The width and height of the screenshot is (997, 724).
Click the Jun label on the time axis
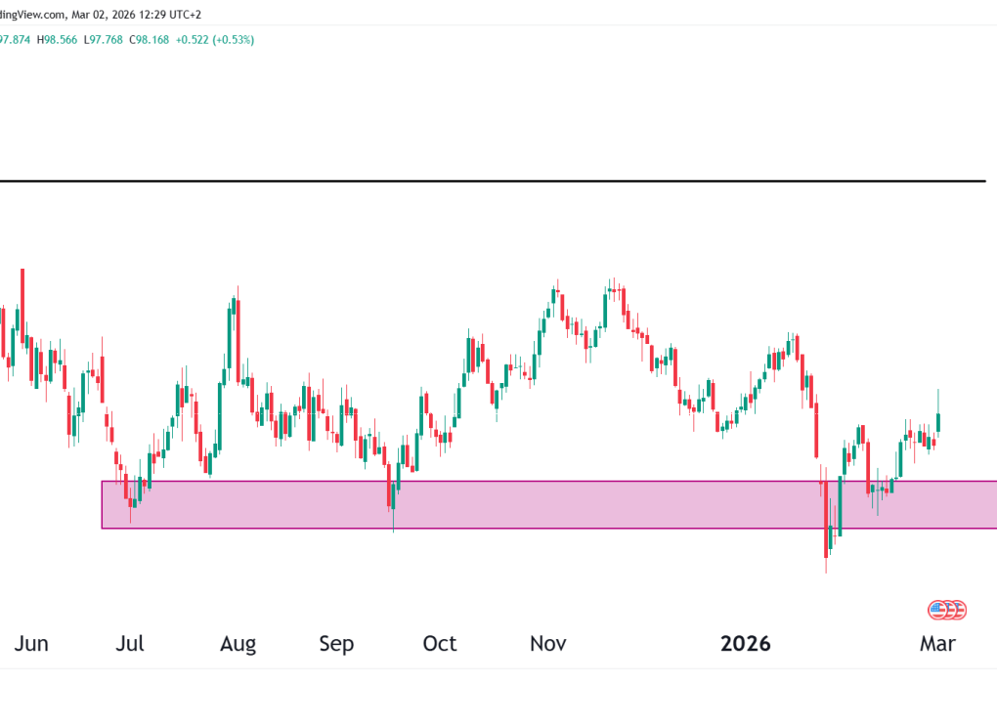tap(32, 644)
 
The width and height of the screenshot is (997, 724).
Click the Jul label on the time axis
tap(129, 644)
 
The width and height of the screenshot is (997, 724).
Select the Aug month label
tap(238, 644)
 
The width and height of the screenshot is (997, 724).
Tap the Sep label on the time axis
tap(337, 644)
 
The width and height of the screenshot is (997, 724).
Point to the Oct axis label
tap(439, 644)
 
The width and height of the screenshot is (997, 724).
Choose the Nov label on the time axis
tap(548, 644)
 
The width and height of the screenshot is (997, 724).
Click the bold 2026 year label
tap(746, 644)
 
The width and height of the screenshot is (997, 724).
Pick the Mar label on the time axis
tap(938, 644)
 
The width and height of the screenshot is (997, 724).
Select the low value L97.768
tap(105, 40)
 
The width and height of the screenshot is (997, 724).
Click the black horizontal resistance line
tap(489, 181)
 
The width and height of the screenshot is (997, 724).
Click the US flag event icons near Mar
tap(946, 610)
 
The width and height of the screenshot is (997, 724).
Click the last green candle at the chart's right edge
tap(938, 420)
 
